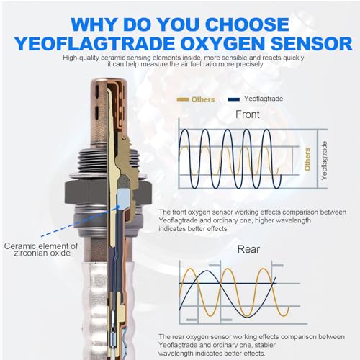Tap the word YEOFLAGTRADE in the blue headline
coord(94,43)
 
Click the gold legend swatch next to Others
coord(182,99)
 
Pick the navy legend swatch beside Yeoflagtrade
coord(234,99)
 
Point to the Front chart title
coord(248,114)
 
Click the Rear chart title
coord(248,249)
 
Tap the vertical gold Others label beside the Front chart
coord(307,159)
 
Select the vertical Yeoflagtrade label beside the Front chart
coord(324,161)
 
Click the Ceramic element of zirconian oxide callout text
coord(41,249)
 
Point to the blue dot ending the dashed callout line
coord(118,206)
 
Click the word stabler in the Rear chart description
coord(263,345)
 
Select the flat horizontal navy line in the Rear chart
coord(228,284)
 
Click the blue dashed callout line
coord(79,221)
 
